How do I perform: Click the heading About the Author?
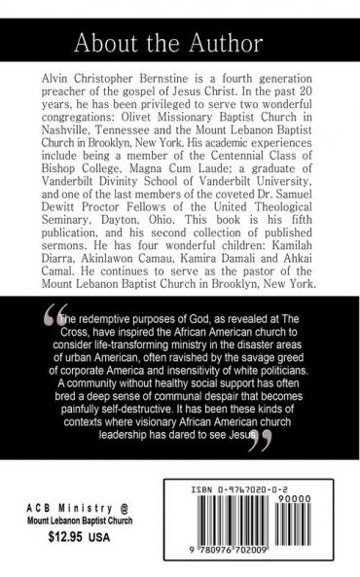[x=180, y=43]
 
